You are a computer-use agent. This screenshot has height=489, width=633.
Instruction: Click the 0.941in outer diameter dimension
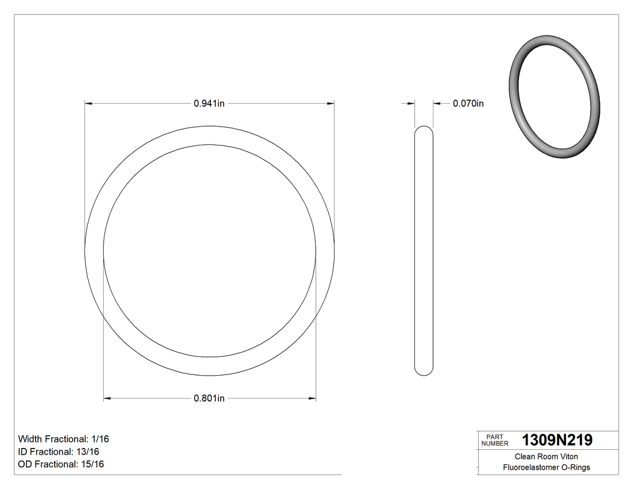point(209,104)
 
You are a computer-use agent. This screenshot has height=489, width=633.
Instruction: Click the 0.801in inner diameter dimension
point(209,398)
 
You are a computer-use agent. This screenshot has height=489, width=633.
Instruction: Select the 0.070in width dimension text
point(468,104)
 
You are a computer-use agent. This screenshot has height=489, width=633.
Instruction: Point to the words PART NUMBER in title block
point(495,440)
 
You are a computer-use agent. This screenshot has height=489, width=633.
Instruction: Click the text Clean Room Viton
point(546,456)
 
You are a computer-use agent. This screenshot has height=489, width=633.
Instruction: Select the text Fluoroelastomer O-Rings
point(546,467)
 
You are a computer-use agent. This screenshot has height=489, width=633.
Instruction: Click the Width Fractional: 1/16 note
point(63,439)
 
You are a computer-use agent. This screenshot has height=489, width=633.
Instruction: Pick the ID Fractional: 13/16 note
point(59,452)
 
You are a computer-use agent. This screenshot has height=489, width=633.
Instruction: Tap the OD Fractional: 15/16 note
point(61,464)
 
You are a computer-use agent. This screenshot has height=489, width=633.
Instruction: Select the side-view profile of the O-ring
point(424,250)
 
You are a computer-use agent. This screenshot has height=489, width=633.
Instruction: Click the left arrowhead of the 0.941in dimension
point(89,104)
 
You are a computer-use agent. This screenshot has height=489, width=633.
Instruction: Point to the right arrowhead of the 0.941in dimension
point(331,104)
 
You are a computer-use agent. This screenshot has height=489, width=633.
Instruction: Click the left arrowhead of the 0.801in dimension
point(107,398)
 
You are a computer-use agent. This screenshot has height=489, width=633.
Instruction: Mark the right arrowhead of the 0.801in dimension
point(312,398)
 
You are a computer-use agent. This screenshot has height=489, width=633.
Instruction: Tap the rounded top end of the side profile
point(424,130)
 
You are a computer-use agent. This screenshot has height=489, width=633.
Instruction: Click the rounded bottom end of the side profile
point(424,371)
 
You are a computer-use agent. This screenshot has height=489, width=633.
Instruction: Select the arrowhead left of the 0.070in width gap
point(411,104)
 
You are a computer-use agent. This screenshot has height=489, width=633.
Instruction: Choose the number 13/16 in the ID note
point(87,452)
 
